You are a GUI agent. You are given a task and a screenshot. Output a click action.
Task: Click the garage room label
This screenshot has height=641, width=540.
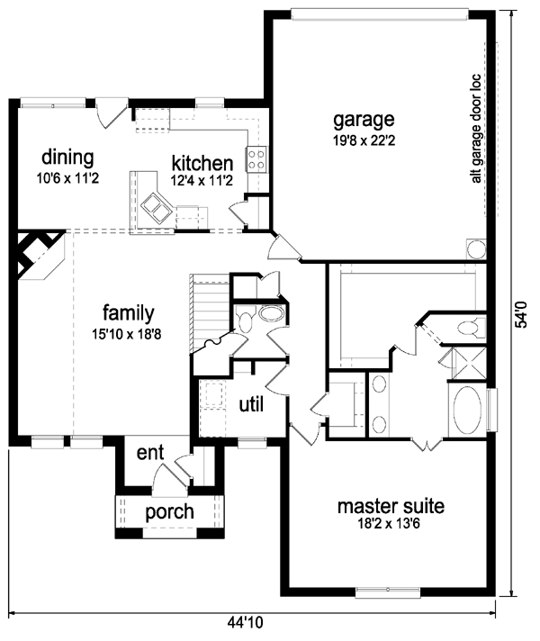tap(364, 121)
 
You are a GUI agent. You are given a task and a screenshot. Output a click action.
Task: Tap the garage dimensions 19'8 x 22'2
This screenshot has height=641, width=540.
tap(364, 140)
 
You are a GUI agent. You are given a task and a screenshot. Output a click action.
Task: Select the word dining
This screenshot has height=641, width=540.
tap(67, 158)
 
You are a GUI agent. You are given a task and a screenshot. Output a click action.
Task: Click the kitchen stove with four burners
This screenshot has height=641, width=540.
tap(256, 159)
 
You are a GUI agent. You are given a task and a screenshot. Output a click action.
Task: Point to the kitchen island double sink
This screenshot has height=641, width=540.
tap(157, 206)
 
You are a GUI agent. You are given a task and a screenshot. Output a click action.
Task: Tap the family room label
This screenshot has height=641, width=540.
tap(129, 313)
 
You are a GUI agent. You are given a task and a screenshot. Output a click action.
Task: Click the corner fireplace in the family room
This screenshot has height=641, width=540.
tap(40, 256)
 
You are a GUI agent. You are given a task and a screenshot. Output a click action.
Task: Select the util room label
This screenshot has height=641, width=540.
tap(251, 405)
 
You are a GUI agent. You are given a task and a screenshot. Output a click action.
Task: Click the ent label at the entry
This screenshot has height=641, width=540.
tap(150, 453)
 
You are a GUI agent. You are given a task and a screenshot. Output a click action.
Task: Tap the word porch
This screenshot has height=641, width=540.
tap(169, 512)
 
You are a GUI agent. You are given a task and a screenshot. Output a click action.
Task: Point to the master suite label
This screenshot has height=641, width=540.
tap(391, 507)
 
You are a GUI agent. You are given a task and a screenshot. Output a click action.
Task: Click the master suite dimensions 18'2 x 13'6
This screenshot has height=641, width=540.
tap(389, 524)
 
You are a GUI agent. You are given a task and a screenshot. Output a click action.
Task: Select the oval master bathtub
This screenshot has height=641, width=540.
tap(468, 410)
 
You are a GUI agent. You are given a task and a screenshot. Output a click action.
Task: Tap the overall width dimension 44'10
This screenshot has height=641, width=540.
tap(246, 623)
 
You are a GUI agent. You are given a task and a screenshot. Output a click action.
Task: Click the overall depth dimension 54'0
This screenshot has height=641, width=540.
tap(522, 315)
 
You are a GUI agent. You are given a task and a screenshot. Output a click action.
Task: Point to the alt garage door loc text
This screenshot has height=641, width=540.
tap(476, 129)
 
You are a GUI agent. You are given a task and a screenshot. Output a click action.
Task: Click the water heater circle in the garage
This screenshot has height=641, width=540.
tap(476, 249)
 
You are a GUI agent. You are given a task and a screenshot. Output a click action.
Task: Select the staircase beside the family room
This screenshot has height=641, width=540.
tap(210, 311)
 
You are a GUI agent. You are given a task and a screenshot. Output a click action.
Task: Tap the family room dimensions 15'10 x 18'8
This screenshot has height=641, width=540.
tap(127, 334)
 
